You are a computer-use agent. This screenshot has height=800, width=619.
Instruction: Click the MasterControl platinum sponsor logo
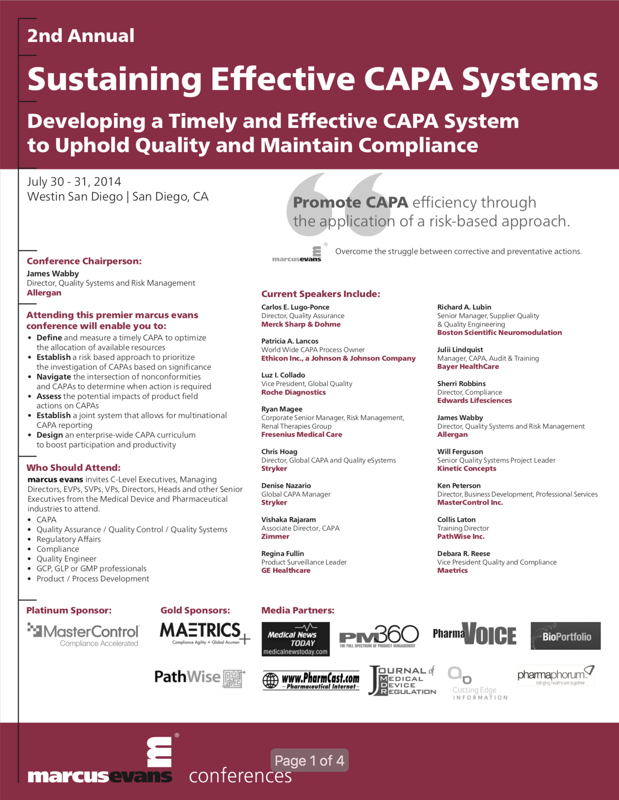point(83,635)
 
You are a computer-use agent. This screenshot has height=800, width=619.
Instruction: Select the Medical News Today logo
point(295,639)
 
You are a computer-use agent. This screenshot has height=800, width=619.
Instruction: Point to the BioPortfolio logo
point(565,636)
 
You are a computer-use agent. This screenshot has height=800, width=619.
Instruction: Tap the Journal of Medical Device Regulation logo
point(402,681)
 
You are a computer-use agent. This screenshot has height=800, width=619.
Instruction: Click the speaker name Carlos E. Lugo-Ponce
point(295,307)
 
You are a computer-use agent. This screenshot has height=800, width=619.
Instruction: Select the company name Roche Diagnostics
point(293,392)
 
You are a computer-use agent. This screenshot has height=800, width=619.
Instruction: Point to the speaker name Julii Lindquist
point(460,350)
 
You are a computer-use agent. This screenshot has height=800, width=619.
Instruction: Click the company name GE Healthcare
point(286,570)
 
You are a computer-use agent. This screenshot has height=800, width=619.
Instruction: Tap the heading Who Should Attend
point(74,468)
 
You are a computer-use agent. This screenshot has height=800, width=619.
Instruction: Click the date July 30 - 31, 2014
point(74,182)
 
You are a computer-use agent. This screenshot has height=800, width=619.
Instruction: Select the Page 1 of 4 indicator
point(309,761)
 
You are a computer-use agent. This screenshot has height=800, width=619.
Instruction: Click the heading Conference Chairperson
point(84,261)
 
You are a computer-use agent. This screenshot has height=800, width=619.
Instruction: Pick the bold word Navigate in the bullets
point(54,377)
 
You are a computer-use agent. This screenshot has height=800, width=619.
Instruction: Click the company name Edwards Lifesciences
point(474,400)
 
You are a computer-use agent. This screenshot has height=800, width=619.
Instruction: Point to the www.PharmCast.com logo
point(311,680)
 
